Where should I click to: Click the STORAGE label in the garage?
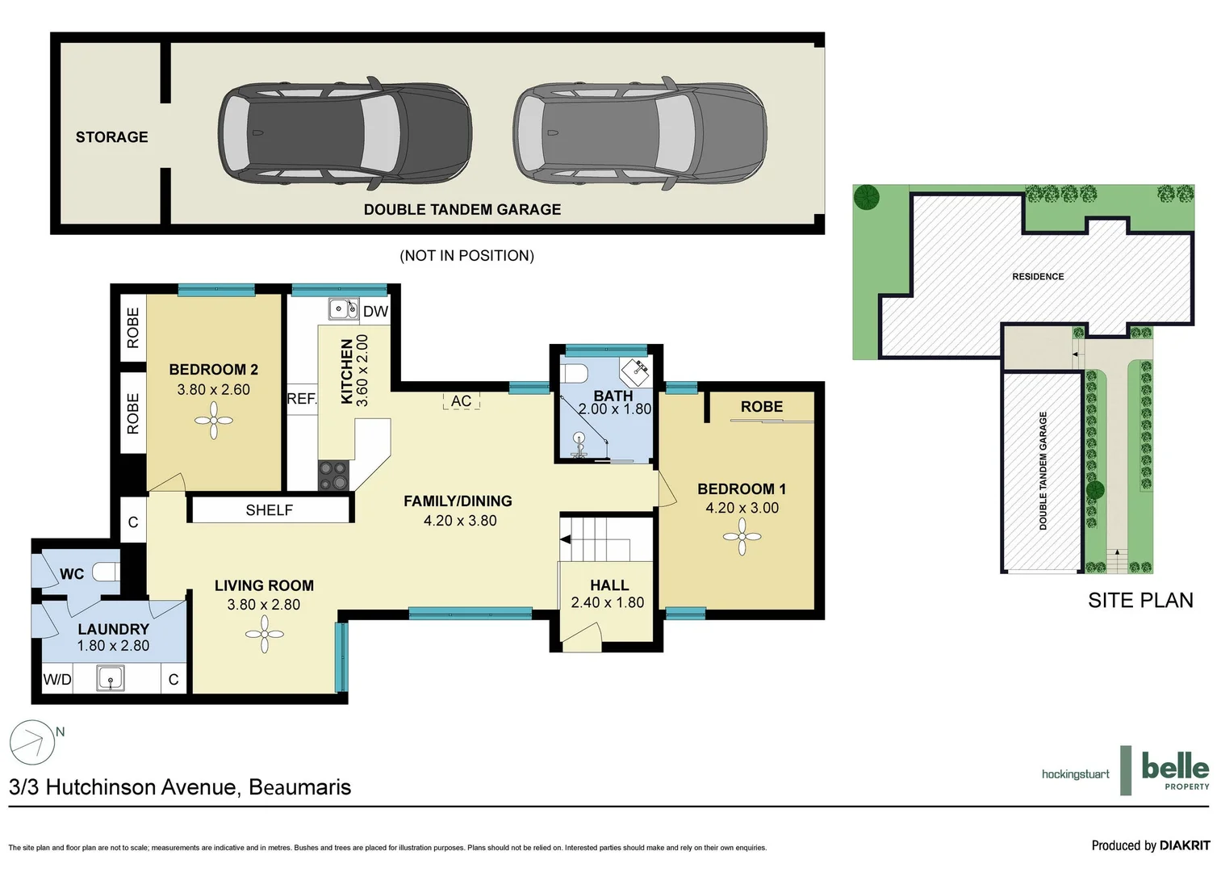pyautogui.click(x=111, y=137)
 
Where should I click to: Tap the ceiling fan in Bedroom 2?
pyautogui.click(x=214, y=421)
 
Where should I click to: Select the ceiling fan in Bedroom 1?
pyautogui.click(x=742, y=538)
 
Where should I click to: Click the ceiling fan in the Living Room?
pyautogui.click(x=264, y=635)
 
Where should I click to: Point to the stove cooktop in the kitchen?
pyautogui.click(x=332, y=476)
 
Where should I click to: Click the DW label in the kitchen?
pyautogui.click(x=375, y=312)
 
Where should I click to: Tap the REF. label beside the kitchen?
pyautogui.click(x=302, y=399)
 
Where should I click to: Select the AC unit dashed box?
pyautogui.click(x=461, y=401)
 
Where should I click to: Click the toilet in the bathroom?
pyautogui.click(x=575, y=373)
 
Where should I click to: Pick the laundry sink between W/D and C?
pyautogui.click(x=111, y=678)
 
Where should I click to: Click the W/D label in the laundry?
pyautogui.click(x=57, y=680)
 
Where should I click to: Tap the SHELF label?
pyautogui.click(x=269, y=510)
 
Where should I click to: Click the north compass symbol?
pyautogui.click(x=32, y=742)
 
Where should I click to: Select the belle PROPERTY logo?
pyautogui.click(x=1174, y=770)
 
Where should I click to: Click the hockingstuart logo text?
pyautogui.click(x=1075, y=774)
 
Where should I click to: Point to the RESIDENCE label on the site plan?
pyautogui.click(x=1038, y=277)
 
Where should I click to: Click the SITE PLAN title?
pyautogui.click(x=1140, y=601)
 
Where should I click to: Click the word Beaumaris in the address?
pyautogui.click(x=299, y=787)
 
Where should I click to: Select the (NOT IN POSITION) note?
pyautogui.click(x=466, y=256)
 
